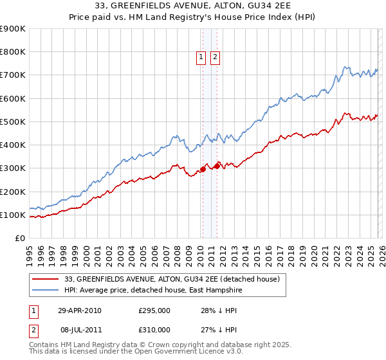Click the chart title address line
[x=192, y=6]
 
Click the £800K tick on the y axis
[x=13, y=52]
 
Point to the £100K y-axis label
[x=13, y=215]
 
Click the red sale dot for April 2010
[x=203, y=170]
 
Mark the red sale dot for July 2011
[x=217, y=166]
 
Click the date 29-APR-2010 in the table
[x=79, y=310]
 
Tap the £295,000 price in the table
[x=154, y=310]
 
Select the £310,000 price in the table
[x=154, y=331]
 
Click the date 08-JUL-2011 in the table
[x=79, y=331]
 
